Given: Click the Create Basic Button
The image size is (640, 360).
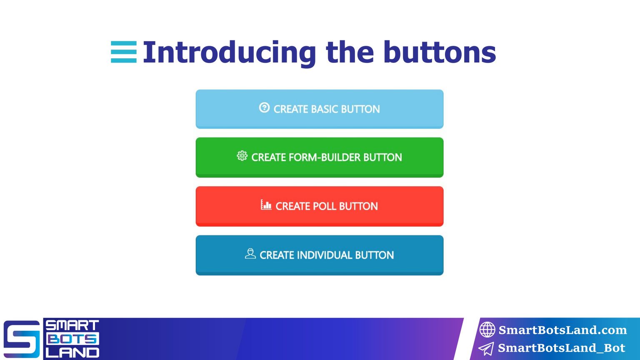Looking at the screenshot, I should [320, 109].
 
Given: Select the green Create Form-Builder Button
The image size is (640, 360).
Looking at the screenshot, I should [320, 157].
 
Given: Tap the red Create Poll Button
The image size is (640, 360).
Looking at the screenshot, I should [320, 206].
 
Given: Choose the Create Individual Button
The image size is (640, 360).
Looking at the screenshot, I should [320, 255].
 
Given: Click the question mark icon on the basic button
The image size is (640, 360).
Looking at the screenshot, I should [264, 108].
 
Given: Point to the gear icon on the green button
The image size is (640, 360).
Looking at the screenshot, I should [242, 156].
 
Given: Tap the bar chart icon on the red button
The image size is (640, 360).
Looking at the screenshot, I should [266, 205].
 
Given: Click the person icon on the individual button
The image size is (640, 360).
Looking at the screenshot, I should [250, 253].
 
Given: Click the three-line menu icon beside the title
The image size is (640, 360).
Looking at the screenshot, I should [124, 52].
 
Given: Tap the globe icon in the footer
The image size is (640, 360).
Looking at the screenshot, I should [487, 330].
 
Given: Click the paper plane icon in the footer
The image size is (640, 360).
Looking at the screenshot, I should [486, 348].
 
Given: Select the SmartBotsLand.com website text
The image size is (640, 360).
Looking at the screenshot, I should [562, 330].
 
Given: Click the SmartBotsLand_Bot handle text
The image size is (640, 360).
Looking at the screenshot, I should [561, 348].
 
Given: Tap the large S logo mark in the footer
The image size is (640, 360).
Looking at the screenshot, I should [22, 339].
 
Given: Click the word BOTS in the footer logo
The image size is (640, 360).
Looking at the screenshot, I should [72, 339].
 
